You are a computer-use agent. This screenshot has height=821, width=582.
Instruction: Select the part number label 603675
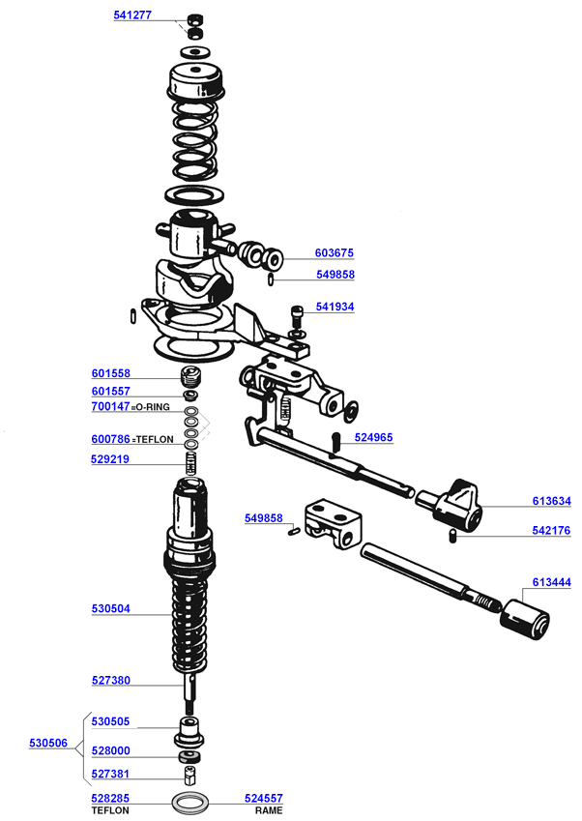[x=335, y=253]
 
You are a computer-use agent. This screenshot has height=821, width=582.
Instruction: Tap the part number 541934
[x=335, y=307]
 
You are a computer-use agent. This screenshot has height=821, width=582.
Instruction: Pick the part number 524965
[x=374, y=437]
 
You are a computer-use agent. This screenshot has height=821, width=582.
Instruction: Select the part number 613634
[x=552, y=501]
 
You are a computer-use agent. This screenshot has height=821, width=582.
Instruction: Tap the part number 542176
[x=552, y=530]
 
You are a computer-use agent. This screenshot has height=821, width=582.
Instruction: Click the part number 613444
[x=552, y=583]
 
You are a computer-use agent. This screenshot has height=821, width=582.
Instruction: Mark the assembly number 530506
[x=48, y=743]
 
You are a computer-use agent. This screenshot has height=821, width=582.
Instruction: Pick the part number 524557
[x=269, y=800]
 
